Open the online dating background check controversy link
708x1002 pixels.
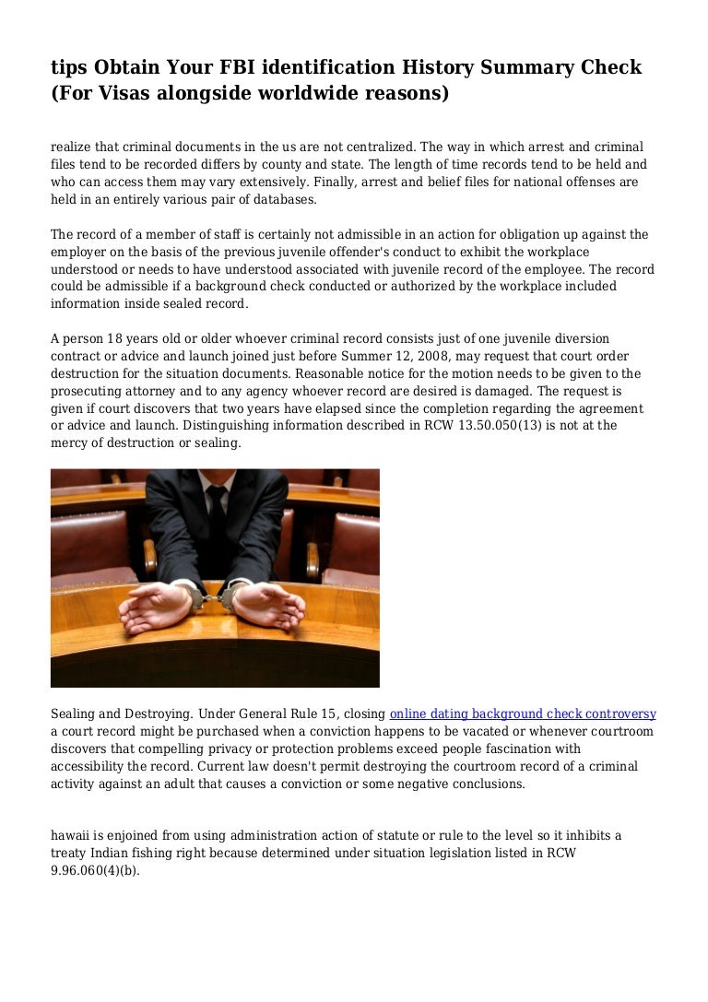point(523,713)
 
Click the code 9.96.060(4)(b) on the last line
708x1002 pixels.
point(95,870)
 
